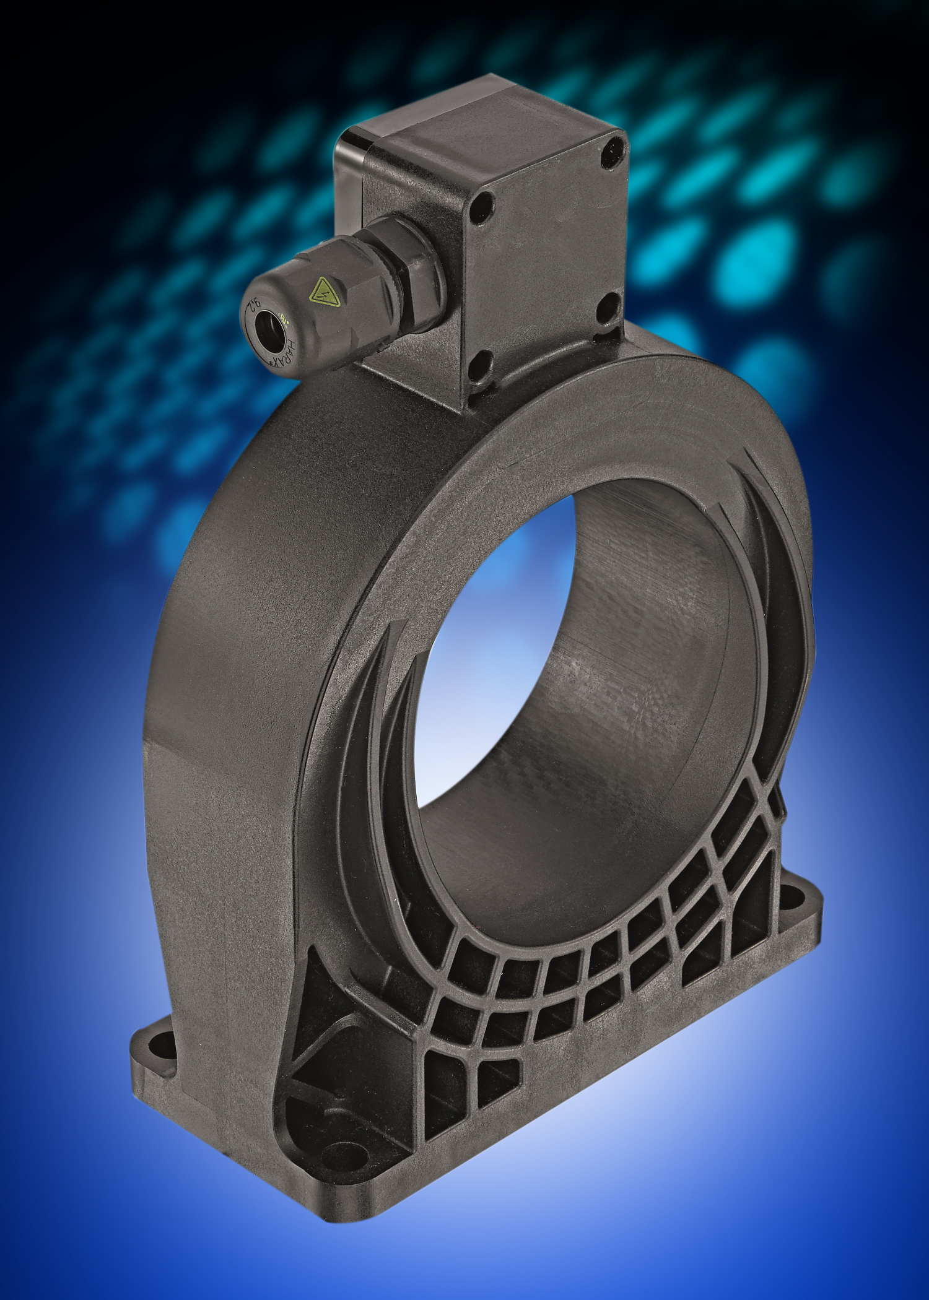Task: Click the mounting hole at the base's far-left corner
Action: (x=162, y=1042)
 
